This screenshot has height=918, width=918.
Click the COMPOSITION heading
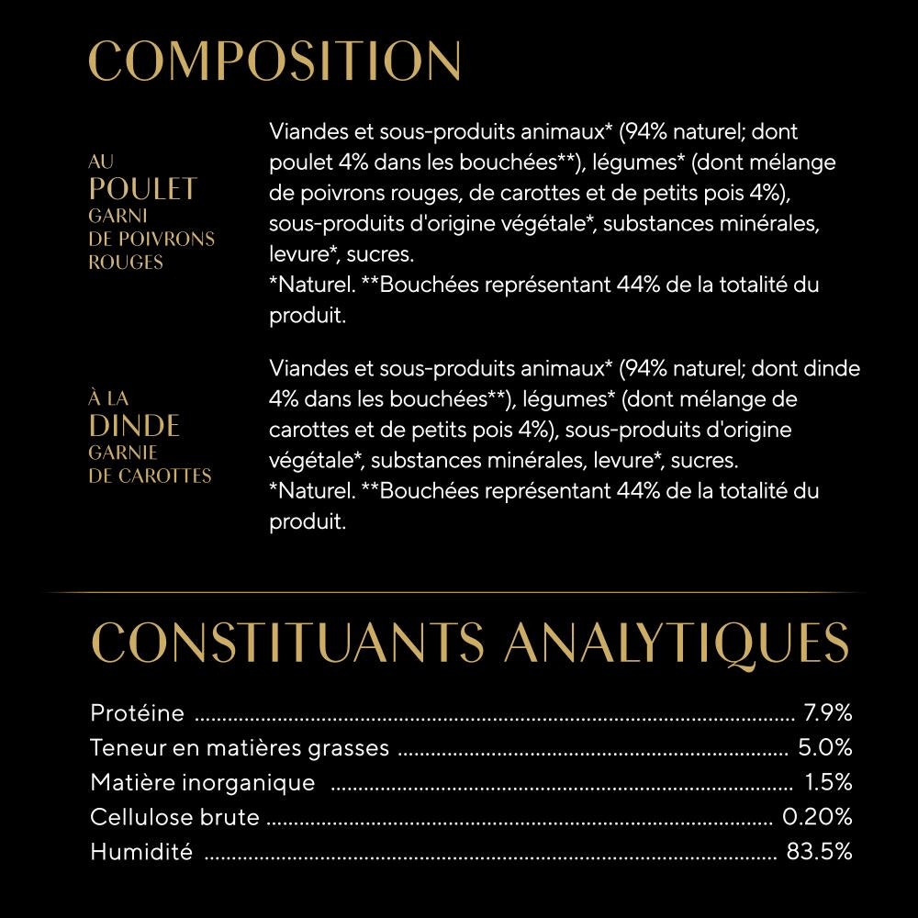coord(274,62)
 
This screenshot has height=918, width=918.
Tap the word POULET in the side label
coord(143,189)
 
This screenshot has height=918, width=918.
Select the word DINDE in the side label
coord(134,426)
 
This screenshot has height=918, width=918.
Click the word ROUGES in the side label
coord(125,263)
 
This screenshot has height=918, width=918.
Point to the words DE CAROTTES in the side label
coord(150,476)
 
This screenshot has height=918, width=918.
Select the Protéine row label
coord(138,713)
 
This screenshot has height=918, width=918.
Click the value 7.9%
coord(828,713)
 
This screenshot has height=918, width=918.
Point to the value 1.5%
coord(829,783)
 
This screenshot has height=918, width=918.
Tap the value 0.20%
coord(817,817)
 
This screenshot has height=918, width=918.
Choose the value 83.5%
coord(819,852)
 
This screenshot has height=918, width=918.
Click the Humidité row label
coord(141,852)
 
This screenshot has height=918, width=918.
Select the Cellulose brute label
coord(174,817)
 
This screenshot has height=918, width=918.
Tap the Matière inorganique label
coord(202,783)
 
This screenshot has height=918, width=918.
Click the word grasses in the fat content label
coord(347,748)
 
